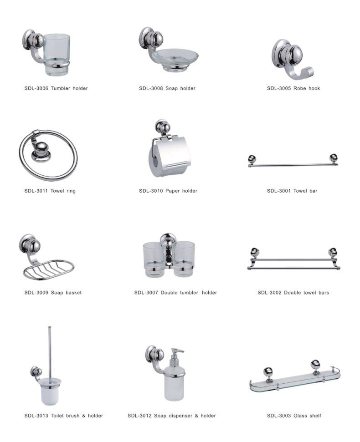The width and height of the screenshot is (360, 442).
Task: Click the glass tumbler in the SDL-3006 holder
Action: point(57,55)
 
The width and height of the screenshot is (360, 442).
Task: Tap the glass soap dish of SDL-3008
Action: point(175,58)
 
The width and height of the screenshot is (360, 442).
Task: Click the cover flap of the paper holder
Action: point(171,151)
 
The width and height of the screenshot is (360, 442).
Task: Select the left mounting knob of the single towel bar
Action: point(252,159)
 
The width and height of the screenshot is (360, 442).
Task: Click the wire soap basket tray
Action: point(48,269)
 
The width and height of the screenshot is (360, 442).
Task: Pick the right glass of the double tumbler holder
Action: point(184,258)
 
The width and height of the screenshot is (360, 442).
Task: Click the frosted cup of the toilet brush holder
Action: point(50,391)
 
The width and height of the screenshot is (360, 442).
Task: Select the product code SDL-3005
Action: point(279,88)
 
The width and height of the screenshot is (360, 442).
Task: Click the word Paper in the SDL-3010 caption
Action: point(172,191)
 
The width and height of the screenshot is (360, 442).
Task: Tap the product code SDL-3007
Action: point(146,293)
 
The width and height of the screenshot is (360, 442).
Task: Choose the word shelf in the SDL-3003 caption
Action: point(315,416)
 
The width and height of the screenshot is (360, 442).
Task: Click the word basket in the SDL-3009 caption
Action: point(73,293)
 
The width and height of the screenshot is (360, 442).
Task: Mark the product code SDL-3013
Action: point(36,416)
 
